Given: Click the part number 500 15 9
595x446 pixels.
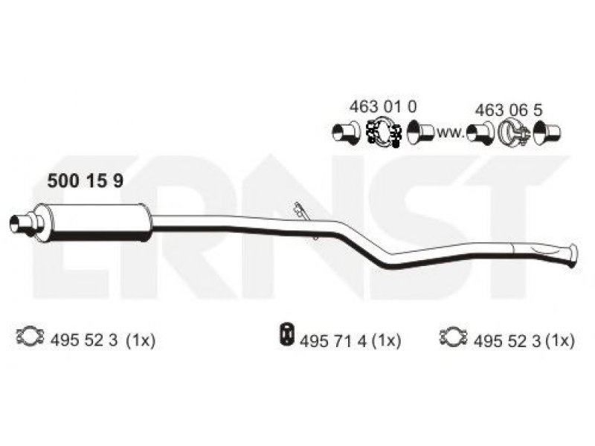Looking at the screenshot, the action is (x=85, y=181).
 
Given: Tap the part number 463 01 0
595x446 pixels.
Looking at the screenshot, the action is (x=383, y=106).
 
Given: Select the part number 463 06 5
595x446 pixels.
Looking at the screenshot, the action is (x=509, y=110).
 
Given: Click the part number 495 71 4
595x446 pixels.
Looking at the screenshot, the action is (x=333, y=341).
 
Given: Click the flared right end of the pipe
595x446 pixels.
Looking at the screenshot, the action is (x=573, y=256).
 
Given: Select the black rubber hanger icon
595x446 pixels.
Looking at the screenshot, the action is (x=287, y=334).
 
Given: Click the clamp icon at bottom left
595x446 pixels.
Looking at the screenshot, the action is (x=30, y=336).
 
